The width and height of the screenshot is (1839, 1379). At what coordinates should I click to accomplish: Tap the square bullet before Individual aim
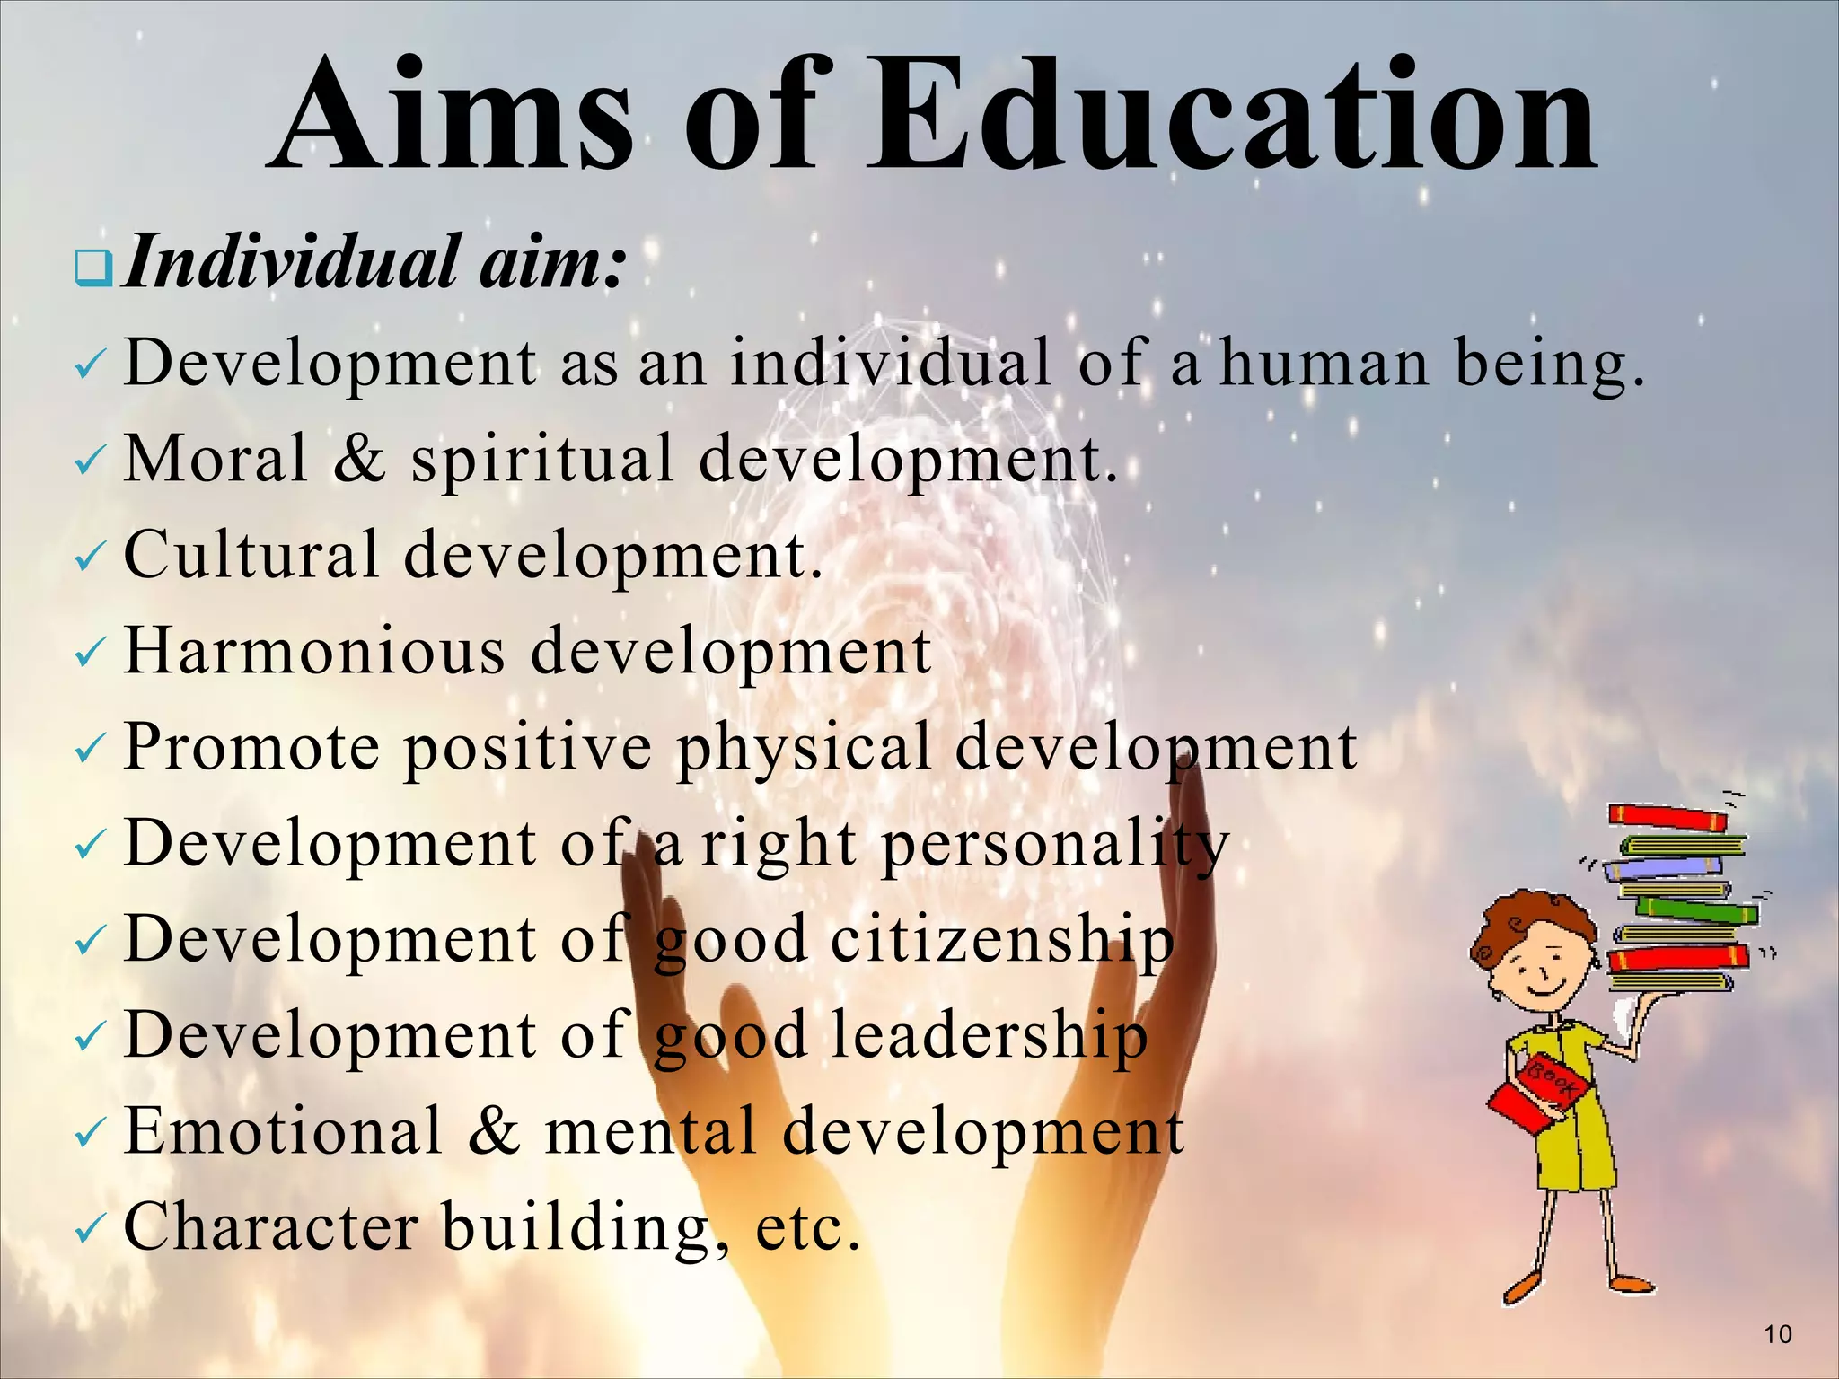93,268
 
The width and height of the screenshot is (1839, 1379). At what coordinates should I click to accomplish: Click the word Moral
216,459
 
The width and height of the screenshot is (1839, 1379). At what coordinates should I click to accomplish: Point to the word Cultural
251,555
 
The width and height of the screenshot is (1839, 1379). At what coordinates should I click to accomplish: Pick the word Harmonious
314,650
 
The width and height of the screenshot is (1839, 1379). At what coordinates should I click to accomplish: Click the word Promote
252,747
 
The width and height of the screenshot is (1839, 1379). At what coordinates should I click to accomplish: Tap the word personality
1055,845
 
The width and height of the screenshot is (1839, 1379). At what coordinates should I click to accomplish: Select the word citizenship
1002,940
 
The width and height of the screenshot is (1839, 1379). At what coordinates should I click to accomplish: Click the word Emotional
284,1130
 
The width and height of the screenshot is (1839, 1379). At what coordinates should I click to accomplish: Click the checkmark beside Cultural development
91,559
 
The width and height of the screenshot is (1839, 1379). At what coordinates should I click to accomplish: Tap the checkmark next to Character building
91,1231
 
